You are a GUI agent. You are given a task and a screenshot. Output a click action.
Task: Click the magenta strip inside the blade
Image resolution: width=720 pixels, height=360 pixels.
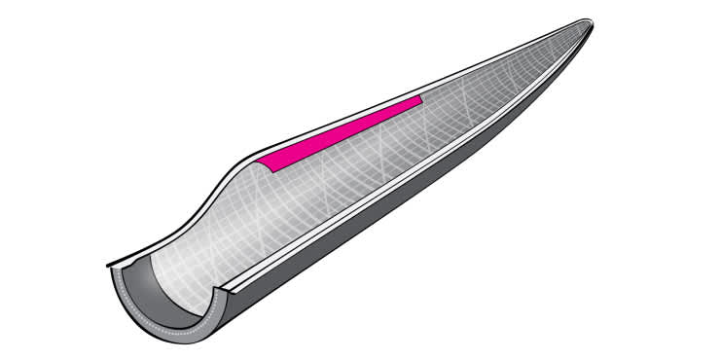pos(341,131)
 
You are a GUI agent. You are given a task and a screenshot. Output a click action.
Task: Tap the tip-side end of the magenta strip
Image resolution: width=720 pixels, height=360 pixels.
pos(419,99)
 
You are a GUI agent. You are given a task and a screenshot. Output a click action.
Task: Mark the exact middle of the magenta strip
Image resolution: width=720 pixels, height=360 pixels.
pos(342,131)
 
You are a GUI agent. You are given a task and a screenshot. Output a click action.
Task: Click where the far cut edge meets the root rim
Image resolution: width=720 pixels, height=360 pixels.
pos(109,264)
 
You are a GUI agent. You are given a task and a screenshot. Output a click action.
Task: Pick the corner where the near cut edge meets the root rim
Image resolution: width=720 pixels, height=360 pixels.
pos(230,288)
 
